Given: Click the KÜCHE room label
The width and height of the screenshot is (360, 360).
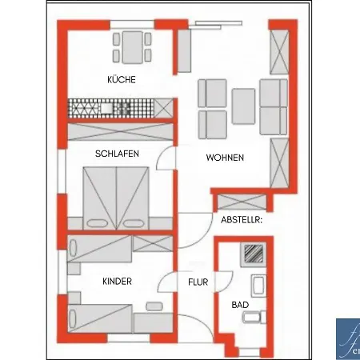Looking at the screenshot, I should (x=122, y=80).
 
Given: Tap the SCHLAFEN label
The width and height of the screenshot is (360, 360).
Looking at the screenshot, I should (x=116, y=153).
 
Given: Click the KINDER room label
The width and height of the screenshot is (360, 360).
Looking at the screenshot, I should (x=117, y=282).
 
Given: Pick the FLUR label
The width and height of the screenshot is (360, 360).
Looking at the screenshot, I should (x=198, y=282).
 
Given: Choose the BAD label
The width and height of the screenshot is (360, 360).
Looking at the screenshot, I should (x=240, y=305).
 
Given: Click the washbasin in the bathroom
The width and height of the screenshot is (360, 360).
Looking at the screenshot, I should (x=258, y=286).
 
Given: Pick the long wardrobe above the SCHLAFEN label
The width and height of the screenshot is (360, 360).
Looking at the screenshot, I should (x=120, y=132).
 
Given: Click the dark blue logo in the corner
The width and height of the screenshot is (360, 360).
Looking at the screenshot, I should (x=347, y=339).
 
